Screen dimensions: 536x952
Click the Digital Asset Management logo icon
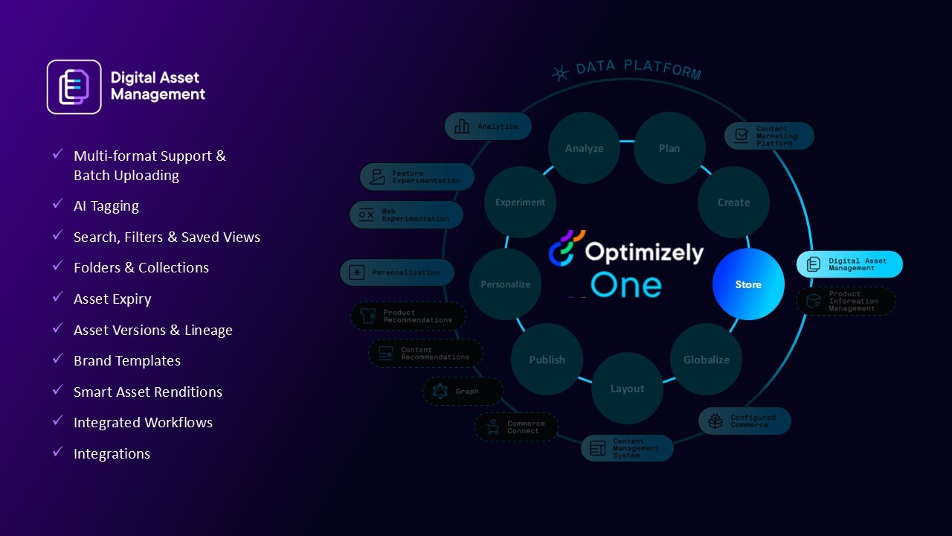coord(74,87)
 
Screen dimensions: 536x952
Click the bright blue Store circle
coord(748,284)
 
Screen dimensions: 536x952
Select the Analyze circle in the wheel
coord(584,148)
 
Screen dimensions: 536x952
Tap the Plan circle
coord(669,148)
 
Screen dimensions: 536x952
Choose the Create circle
coord(733,202)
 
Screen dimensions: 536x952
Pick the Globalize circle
coord(707,360)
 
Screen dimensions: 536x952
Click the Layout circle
coord(627,389)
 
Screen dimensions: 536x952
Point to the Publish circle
coord(547,360)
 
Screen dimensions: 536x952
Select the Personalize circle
coord(506,284)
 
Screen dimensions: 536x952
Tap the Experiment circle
coord(520,202)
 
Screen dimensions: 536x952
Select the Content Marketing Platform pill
coord(769,136)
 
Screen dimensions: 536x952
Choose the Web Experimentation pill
coord(406,215)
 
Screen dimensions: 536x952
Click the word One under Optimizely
coord(625,285)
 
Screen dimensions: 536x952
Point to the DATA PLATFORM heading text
coord(637,69)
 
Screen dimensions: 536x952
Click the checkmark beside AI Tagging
coord(58,205)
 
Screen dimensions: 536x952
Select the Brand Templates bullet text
coord(127,361)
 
